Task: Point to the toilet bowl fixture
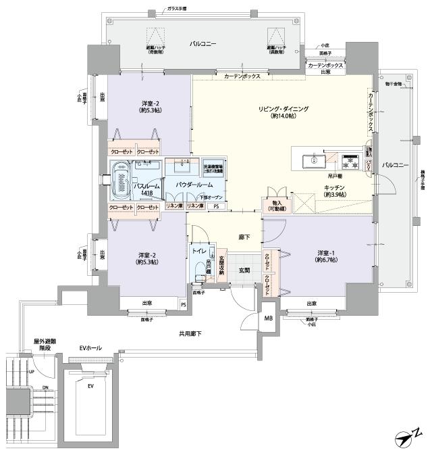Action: coord(198,272)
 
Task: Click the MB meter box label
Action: coord(268,318)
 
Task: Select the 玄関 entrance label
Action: coord(244,270)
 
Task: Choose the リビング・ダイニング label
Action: coord(283,112)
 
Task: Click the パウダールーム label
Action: coord(194,185)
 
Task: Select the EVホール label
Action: coord(90,348)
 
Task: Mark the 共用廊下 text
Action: coord(190,334)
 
